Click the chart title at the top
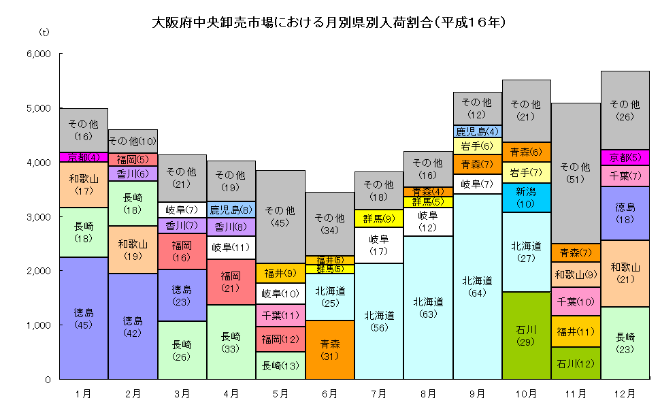(329, 22)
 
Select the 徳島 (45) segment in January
(83, 318)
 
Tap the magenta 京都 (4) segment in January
(83, 157)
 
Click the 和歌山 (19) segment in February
(133, 250)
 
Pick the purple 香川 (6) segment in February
(133, 174)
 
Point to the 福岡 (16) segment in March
(182, 251)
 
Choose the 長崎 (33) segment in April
(231, 342)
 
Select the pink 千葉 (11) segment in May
(280, 316)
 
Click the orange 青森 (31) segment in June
(329, 349)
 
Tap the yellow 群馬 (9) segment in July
(379, 218)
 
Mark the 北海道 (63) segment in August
(428, 307)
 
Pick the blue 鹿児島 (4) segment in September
(477, 131)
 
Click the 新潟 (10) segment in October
(526, 197)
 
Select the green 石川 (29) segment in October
(526, 335)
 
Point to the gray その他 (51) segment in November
(576, 173)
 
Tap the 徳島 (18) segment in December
(625, 213)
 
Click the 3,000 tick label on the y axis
(38, 216)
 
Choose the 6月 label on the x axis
(329, 393)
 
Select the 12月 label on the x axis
(625, 393)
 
